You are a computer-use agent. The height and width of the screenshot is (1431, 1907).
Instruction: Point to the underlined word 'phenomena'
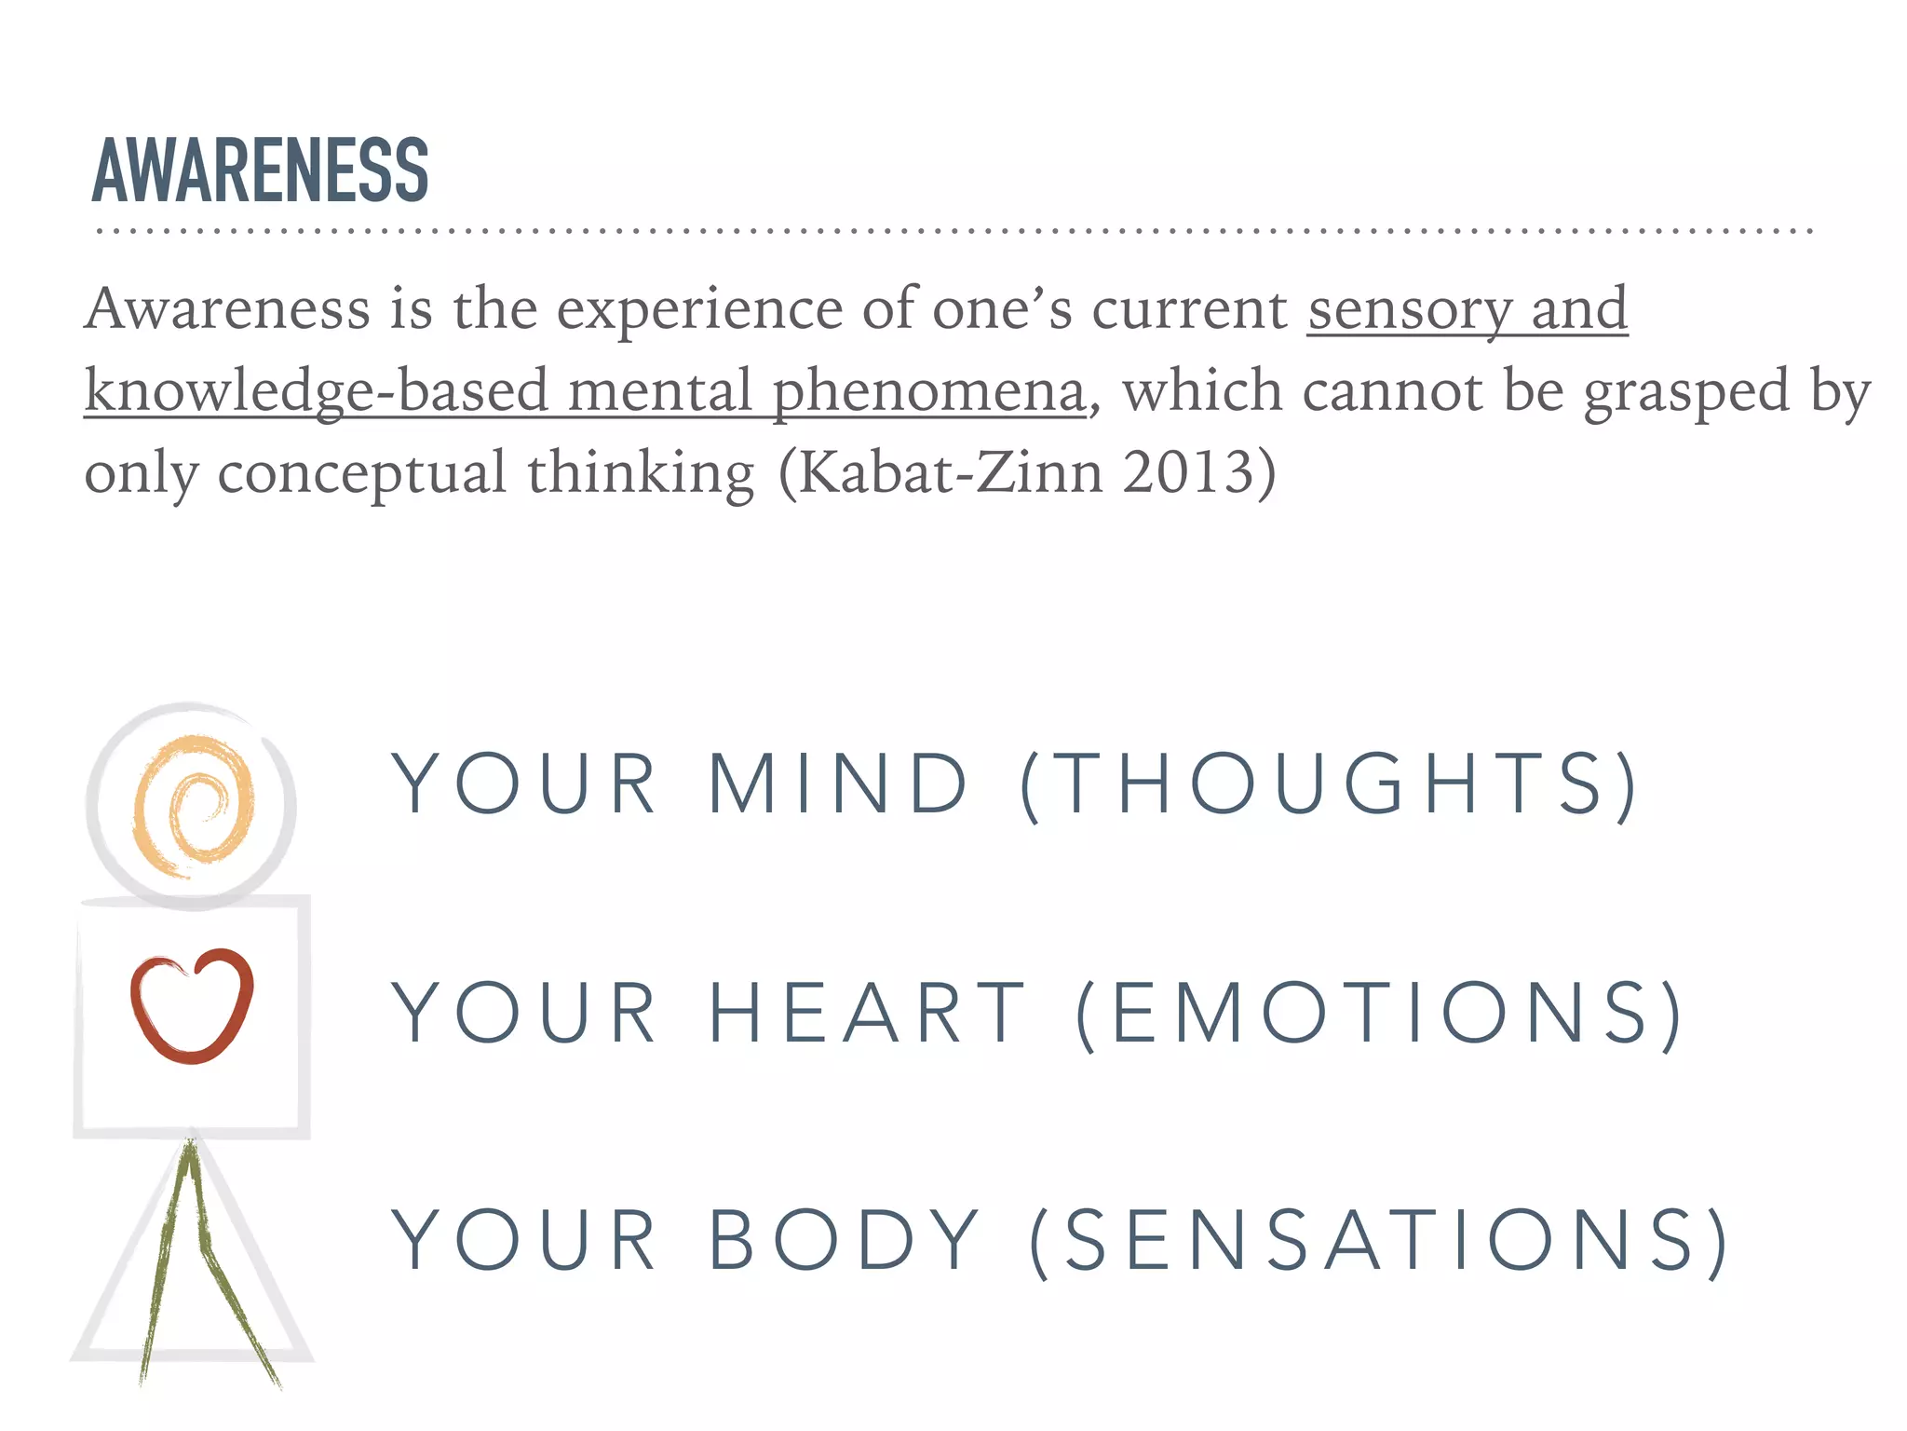(x=929, y=391)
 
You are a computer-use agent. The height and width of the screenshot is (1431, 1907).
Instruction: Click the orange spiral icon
(x=193, y=807)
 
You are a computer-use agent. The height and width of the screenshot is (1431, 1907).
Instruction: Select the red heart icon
(x=192, y=1006)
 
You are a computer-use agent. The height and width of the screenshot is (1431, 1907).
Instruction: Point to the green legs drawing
(x=196, y=1258)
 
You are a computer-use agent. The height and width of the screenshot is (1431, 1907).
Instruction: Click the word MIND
(x=838, y=784)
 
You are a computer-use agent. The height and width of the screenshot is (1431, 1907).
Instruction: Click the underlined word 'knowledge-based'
(x=317, y=391)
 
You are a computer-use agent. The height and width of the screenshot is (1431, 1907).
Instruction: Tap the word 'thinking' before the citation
(x=641, y=474)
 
